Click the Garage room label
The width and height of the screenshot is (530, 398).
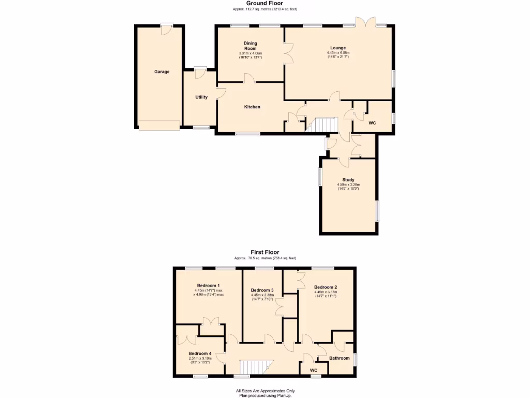click(x=161, y=72)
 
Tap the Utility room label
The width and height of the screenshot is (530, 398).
click(x=201, y=97)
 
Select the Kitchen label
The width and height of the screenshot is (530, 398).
click(x=252, y=107)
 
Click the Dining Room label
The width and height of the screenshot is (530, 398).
click(x=251, y=46)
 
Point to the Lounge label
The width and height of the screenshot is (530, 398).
click(x=338, y=48)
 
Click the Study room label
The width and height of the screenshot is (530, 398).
click(x=348, y=180)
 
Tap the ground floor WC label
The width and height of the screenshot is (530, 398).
click(x=372, y=123)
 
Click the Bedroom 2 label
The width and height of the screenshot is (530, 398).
click(x=326, y=287)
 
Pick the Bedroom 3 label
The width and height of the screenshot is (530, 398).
click(x=262, y=290)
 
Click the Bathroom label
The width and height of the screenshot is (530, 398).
click(x=340, y=358)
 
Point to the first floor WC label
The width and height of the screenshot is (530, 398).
click(x=313, y=370)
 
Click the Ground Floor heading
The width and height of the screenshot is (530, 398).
click(x=264, y=3)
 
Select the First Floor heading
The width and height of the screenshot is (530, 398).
click(x=265, y=252)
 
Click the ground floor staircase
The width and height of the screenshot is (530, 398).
click(x=322, y=124)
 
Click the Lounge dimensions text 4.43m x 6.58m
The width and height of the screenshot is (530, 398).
click(x=338, y=53)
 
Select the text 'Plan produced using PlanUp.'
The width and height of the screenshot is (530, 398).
click(x=265, y=395)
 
